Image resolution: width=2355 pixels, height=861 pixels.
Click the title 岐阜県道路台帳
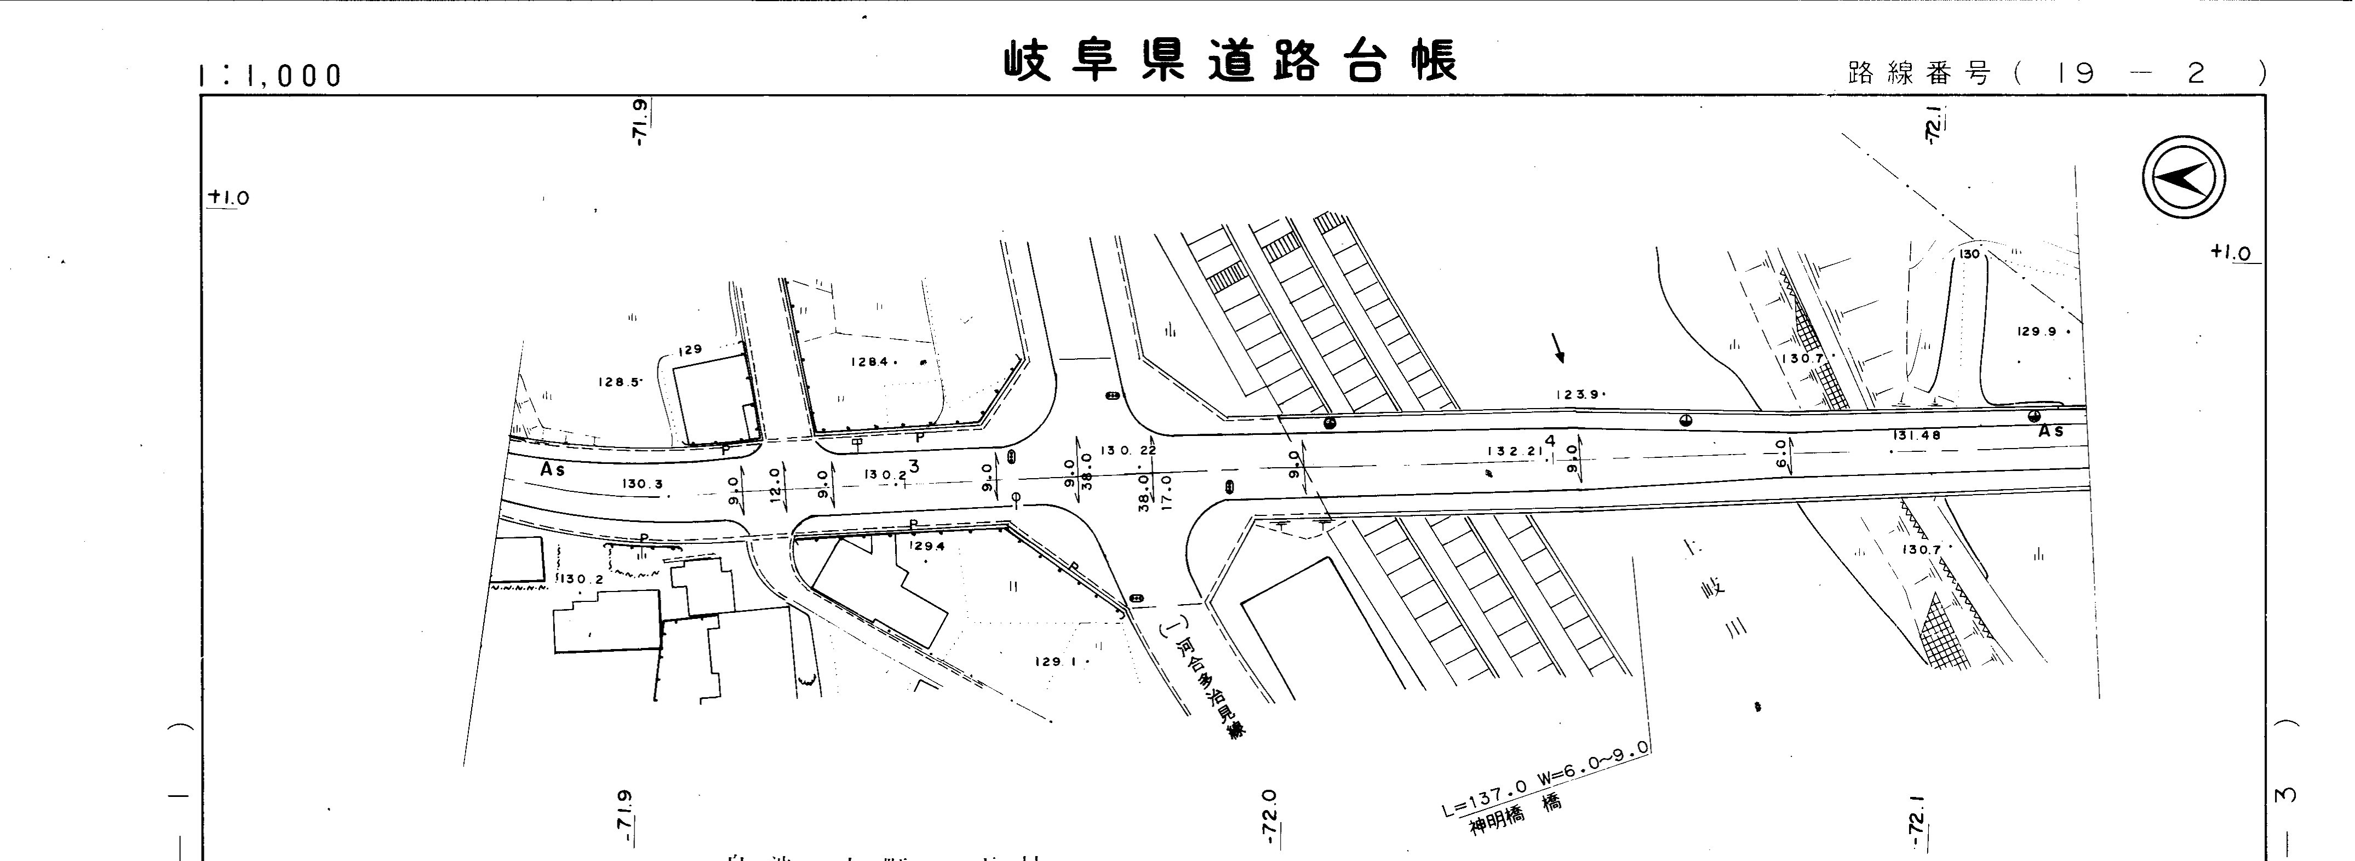point(1230,62)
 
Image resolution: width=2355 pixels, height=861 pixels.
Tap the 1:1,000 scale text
point(270,75)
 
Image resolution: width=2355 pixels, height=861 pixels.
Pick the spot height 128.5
point(620,382)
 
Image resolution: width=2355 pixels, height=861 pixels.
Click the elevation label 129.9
point(2036,332)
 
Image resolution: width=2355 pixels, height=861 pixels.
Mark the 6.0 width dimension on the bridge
point(1781,454)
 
